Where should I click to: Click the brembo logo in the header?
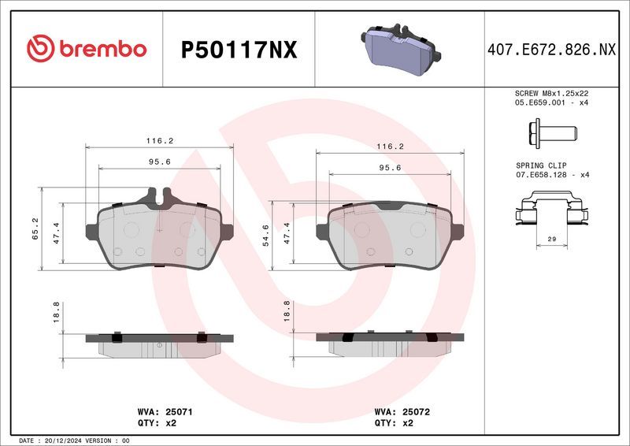click(87, 49)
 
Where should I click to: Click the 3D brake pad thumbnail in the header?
click(399, 49)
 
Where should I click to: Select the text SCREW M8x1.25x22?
click(550, 93)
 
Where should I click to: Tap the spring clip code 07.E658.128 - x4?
click(551, 174)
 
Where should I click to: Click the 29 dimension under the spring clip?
click(551, 238)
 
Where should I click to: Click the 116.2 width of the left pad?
click(159, 140)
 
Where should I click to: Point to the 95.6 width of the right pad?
click(390, 167)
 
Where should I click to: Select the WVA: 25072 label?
click(402, 411)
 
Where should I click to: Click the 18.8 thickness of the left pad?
click(55, 313)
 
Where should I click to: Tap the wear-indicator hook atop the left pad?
click(156, 193)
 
